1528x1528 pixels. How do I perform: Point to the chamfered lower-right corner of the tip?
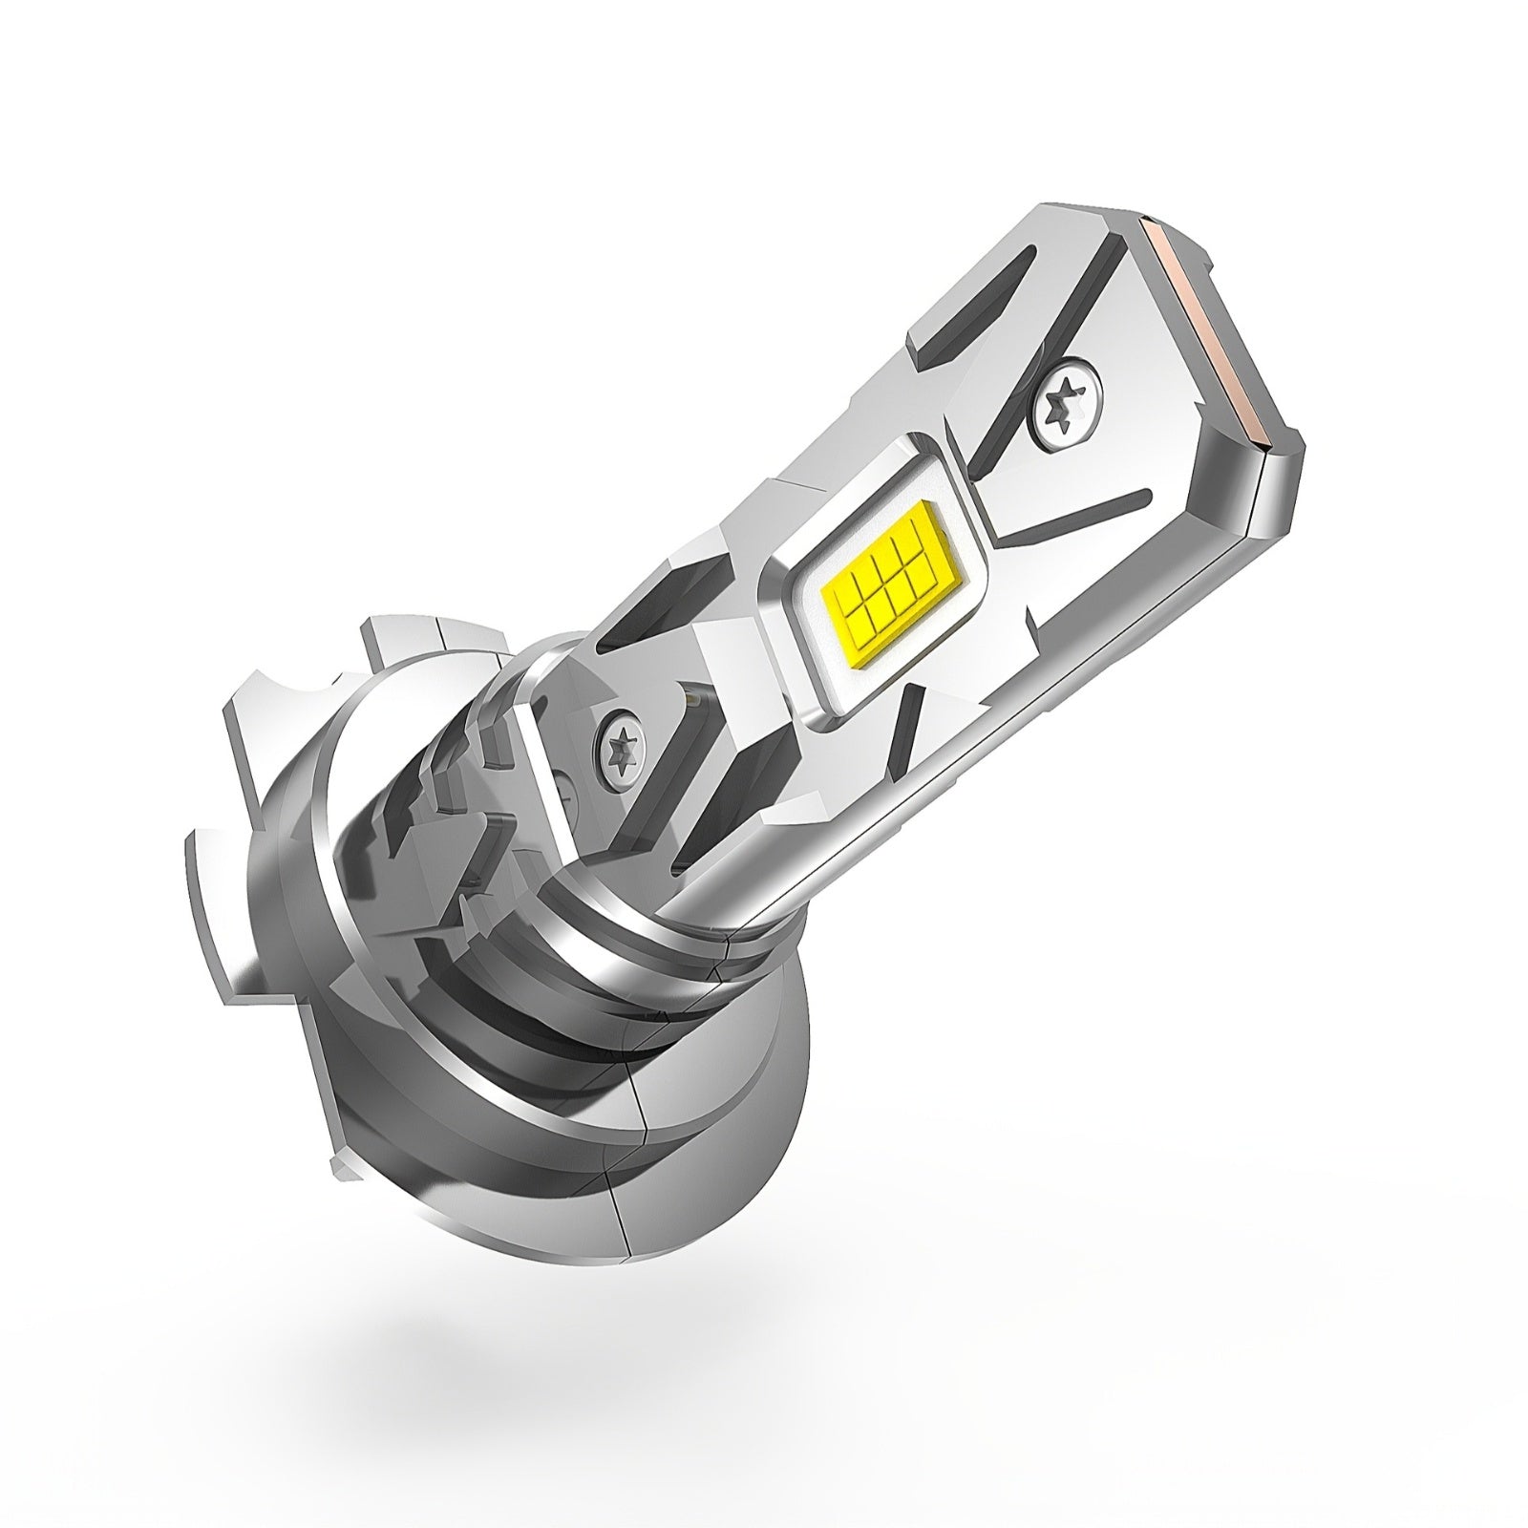pyautogui.click(x=1280, y=497)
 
